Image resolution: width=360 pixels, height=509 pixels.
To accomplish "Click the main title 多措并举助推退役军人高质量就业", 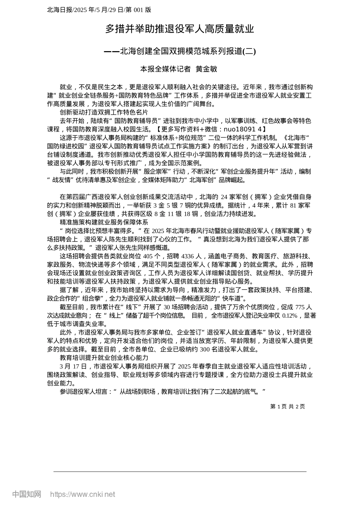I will pyautogui.click(x=180, y=29).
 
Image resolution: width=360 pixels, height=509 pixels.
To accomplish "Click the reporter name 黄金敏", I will pyautogui.click(x=206, y=69).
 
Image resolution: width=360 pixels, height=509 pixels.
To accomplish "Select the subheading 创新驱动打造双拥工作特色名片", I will pyautogui.click(x=103, y=112).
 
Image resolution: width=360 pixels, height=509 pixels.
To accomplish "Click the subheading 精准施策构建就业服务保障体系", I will pyautogui.click(x=103, y=222).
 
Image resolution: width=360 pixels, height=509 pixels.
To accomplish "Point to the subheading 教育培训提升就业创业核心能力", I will pyautogui.click(x=103, y=358).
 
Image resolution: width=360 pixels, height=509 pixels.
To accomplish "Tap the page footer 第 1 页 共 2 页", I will pyautogui.click(x=287, y=406).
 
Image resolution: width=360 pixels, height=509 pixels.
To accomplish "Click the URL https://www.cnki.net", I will pyautogui.click(x=83, y=494).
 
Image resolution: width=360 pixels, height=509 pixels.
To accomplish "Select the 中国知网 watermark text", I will pyautogui.click(x=27, y=494).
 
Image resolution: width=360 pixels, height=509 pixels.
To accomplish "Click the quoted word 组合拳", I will pyautogui.click(x=87, y=298).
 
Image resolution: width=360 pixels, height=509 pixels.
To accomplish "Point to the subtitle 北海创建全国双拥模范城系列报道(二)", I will pyautogui.click(x=188, y=51).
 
